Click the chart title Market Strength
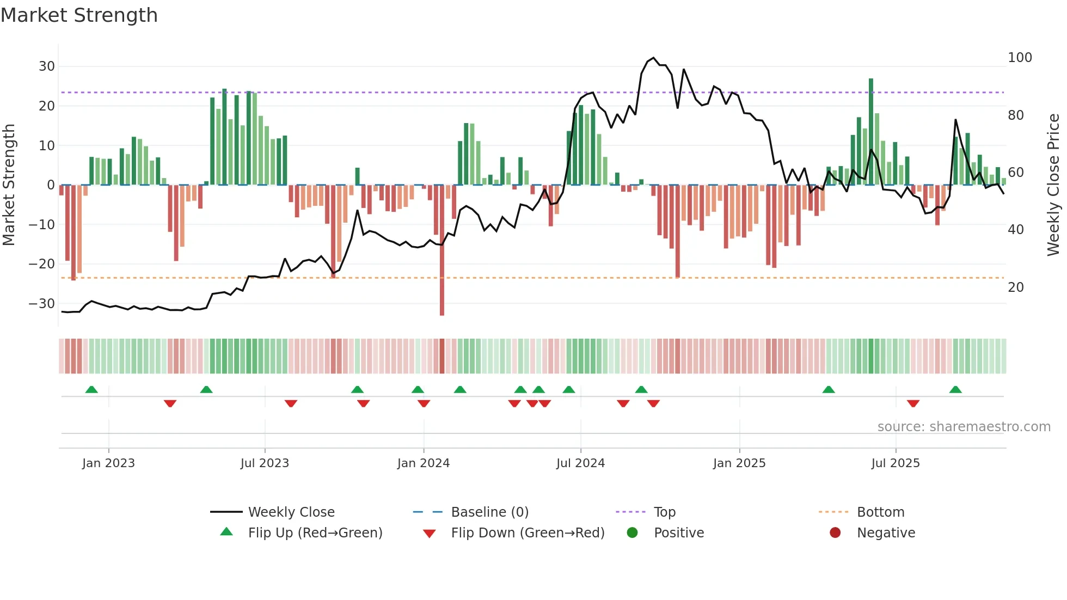(x=79, y=15)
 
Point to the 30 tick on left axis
(x=47, y=66)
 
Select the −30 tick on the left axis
(x=42, y=304)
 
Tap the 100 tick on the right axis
(x=1020, y=58)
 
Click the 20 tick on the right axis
(x=1016, y=287)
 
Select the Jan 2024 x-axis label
(x=424, y=463)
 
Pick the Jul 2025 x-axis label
(x=896, y=463)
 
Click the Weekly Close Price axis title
(x=1053, y=185)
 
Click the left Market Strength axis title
(x=9, y=185)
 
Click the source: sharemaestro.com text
(x=964, y=427)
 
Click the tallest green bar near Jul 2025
(x=871, y=131)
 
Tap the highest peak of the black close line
(x=653, y=58)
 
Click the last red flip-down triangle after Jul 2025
(x=913, y=403)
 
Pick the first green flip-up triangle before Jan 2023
(x=91, y=389)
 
